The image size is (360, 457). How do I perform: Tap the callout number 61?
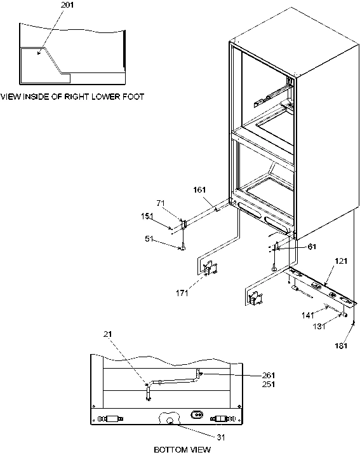[293, 247]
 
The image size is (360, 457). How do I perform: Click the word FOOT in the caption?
[133, 97]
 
